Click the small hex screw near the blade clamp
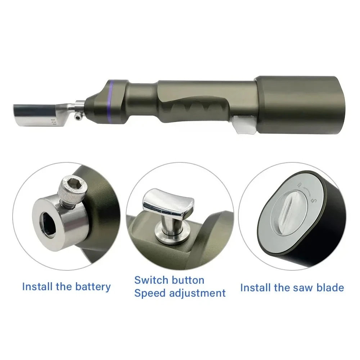(x=78, y=117)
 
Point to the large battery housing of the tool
(x=299, y=104)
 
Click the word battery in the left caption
(x=93, y=287)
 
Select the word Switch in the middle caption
(x=152, y=280)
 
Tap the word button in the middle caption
(x=188, y=280)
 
